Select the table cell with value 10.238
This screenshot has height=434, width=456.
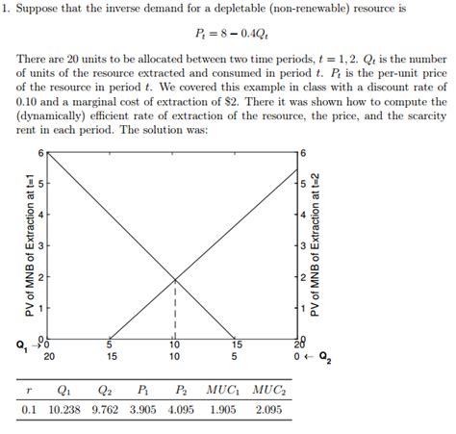pyautogui.click(x=64, y=411)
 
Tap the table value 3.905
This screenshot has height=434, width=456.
pyautogui.click(x=143, y=411)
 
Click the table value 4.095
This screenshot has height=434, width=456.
pyautogui.click(x=181, y=411)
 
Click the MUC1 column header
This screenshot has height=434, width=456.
pyautogui.click(x=223, y=391)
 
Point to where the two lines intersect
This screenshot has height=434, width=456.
pyautogui.click(x=174, y=280)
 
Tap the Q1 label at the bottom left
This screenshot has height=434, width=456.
pyautogui.click(x=21, y=344)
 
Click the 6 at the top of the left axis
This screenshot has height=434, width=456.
pyautogui.click(x=41, y=154)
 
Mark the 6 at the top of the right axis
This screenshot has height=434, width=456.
pyautogui.click(x=303, y=154)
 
